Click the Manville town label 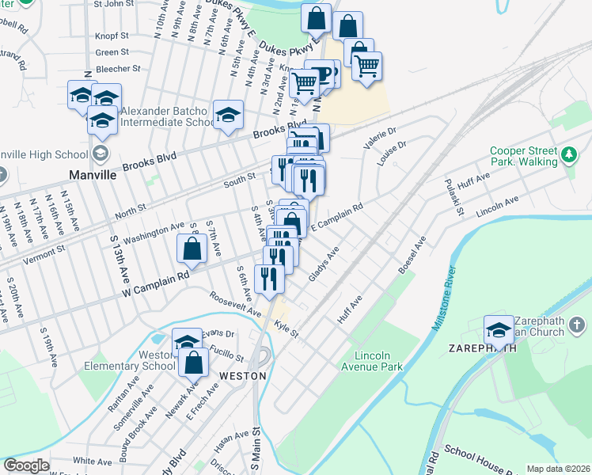coord(93,173)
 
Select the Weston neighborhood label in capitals coord(242,375)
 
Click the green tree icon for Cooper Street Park coord(569,153)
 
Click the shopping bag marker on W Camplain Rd coord(193,249)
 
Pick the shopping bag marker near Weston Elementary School coord(193,363)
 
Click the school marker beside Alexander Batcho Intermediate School coord(228,116)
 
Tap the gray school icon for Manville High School coord(101,153)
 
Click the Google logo coord(26,465)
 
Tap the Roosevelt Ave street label coord(235,305)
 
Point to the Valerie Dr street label coord(379,139)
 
